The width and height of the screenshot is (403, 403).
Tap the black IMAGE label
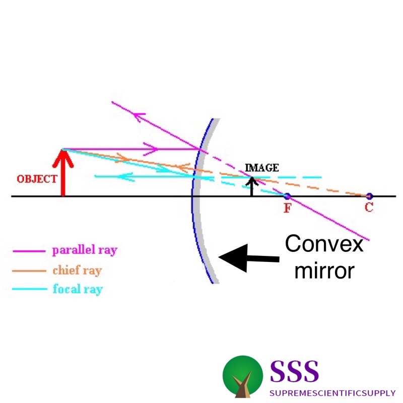tap(261, 168)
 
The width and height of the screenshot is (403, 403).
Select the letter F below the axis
tap(287, 208)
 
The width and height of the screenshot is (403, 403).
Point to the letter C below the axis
tap(369, 208)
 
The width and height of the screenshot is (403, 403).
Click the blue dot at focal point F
tap(287, 196)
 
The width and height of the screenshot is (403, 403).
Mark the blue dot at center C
tap(369, 196)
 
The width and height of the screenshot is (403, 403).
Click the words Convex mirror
tap(322, 258)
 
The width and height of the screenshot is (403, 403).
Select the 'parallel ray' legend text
tap(85, 250)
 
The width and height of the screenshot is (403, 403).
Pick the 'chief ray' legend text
tap(77, 271)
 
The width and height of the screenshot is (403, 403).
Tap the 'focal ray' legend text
tap(77, 290)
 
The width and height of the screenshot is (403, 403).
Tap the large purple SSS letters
tap(295, 371)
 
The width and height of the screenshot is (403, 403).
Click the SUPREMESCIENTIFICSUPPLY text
tap(332, 392)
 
